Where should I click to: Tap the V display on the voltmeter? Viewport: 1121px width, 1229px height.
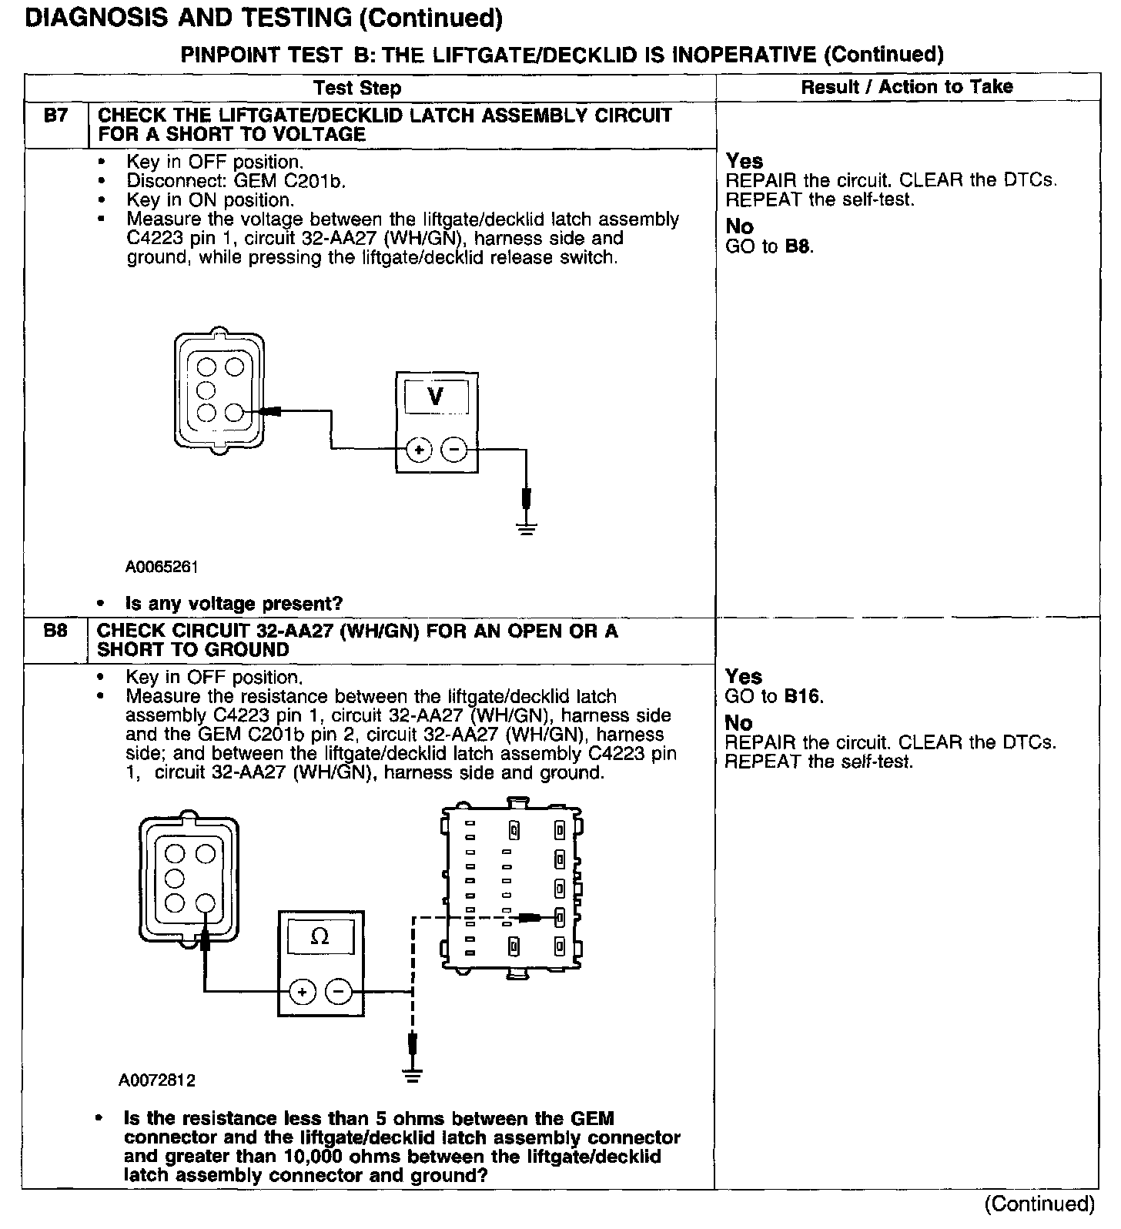pos(435,397)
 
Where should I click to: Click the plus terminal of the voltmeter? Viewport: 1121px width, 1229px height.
pos(418,449)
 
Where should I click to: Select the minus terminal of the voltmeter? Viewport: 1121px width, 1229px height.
pos(454,449)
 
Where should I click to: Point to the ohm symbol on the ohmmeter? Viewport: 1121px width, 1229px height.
pos(320,937)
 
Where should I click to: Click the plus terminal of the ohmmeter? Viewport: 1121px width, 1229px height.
pos(302,992)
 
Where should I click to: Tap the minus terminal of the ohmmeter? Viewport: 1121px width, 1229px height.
pos(338,992)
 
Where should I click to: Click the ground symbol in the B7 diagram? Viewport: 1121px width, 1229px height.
pos(526,527)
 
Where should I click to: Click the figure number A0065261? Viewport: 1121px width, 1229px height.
pos(162,568)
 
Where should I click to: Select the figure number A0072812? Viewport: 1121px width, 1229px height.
pos(157,1080)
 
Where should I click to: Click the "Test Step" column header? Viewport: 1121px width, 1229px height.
pos(357,88)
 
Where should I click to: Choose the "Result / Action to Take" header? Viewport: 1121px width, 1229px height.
pos(907,87)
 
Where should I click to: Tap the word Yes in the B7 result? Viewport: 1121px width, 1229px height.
pos(745,162)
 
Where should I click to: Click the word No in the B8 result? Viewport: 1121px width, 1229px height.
pos(738,723)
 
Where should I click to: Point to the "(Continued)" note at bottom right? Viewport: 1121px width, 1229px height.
pos(1039,1203)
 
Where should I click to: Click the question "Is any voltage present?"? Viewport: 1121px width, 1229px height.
pos(234,603)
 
